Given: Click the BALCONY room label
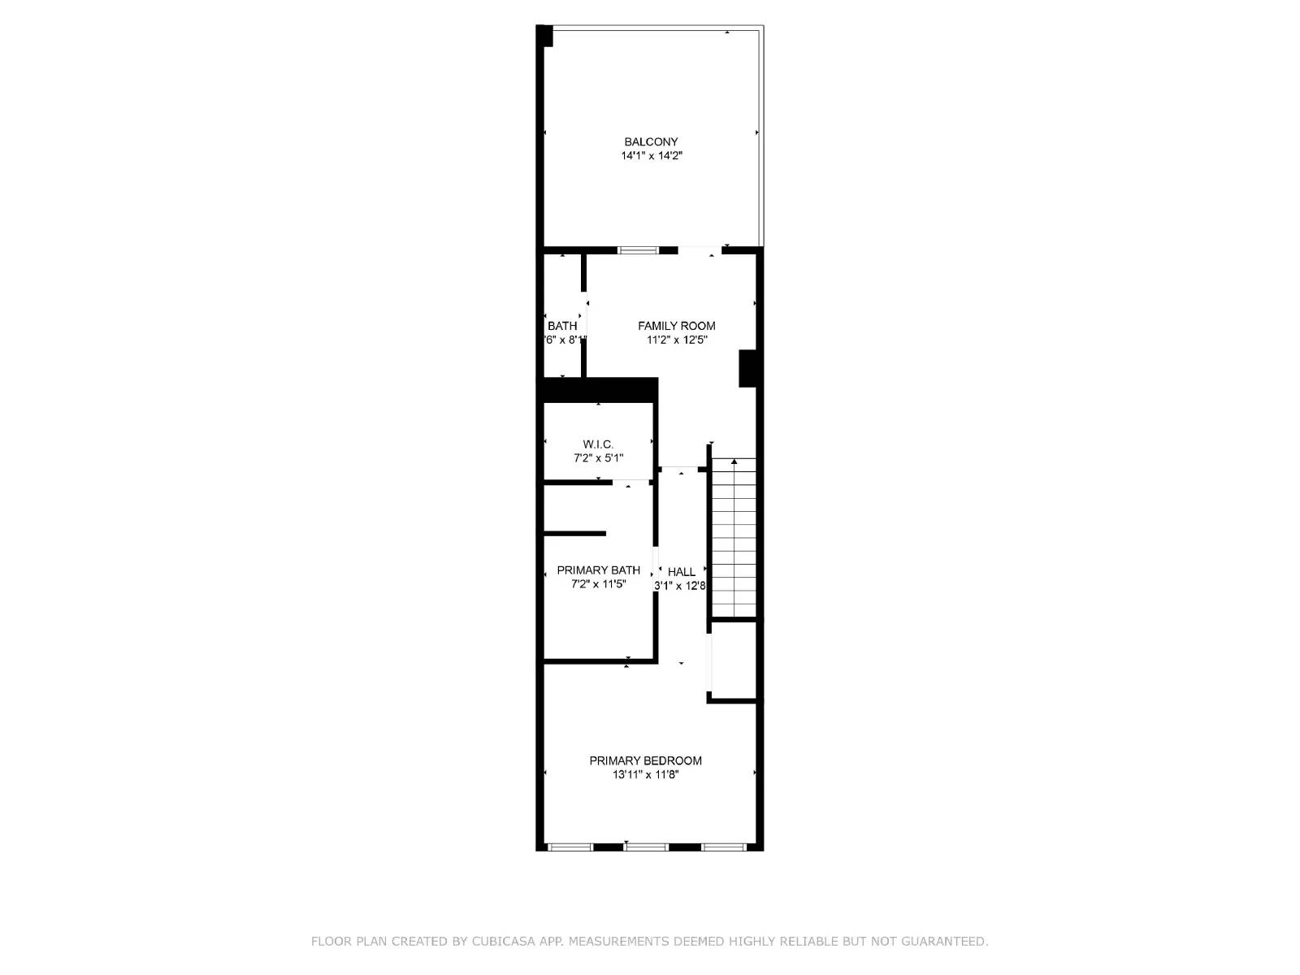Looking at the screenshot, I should (651, 142).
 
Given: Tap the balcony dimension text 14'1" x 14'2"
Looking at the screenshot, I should (652, 156).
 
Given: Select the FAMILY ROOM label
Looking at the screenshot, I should (676, 326).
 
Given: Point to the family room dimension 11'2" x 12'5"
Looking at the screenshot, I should (677, 340).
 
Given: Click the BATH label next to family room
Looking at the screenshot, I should (562, 326).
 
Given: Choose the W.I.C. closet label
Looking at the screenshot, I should (598, 444).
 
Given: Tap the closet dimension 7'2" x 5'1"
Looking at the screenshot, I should (598, 458).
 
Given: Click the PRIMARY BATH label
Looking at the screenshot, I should (598, 570).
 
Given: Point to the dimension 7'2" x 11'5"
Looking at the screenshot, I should (598, 584).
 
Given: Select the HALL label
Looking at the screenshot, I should (681, 572).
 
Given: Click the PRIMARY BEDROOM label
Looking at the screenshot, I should (645, 760).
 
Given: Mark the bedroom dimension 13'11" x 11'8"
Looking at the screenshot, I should (645, 775).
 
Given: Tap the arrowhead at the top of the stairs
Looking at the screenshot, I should (734, 462).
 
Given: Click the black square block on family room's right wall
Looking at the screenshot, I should (747, 368).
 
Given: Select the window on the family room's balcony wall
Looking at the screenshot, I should (638, 250).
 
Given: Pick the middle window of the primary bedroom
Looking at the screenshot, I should (646, 847).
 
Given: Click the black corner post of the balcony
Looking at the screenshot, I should (544, 36).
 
